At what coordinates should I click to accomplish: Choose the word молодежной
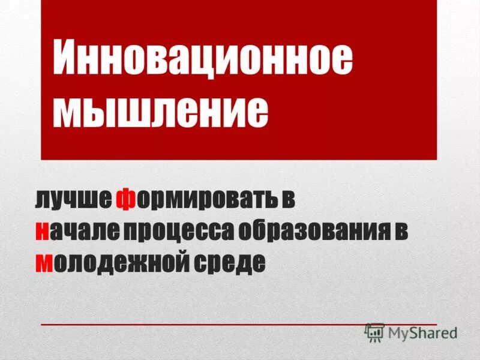(107, 262)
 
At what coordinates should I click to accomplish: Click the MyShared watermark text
(422, 332)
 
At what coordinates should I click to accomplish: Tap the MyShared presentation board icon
(374, 332)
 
